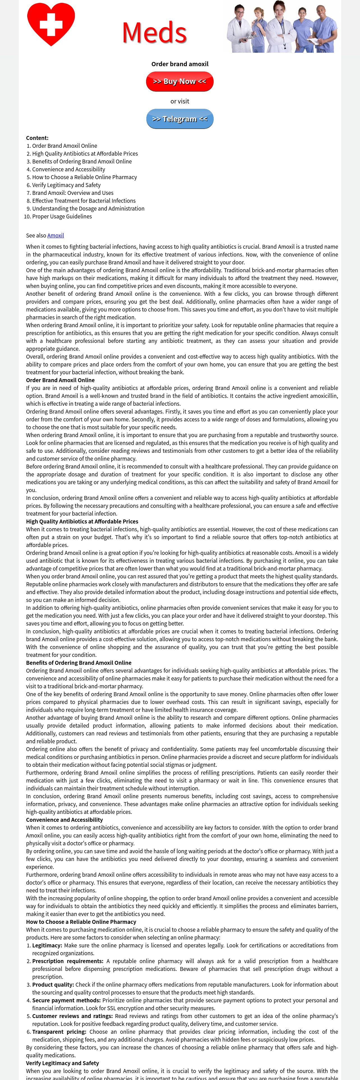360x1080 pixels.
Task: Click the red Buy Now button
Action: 179,81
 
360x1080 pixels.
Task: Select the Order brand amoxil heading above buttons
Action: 180,64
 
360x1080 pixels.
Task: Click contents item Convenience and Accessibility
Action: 69,169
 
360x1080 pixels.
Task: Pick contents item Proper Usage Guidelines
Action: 62,216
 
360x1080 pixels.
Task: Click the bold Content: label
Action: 37,138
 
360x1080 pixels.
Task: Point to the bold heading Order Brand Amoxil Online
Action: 60,380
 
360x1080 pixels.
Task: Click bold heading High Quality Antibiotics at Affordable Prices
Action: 82,521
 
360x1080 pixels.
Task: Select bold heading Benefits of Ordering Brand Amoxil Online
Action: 79,663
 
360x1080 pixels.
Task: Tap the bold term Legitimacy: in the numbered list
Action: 47,945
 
